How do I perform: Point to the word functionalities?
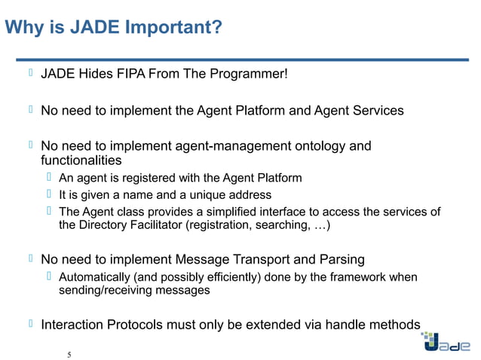click(x=81, y=160)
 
